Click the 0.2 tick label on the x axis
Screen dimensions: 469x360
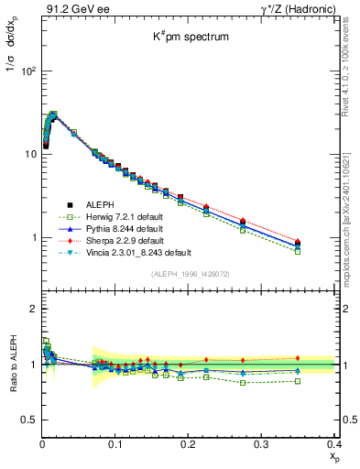pyautogui.click(x=188, y=444)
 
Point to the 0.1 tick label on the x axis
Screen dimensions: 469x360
pyautogui.click(x=115, y=444)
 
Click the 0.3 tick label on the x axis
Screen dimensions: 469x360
pyautogui.click(x=261, y=444)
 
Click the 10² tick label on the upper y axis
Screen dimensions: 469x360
pyautogui.click(x=27, y=71)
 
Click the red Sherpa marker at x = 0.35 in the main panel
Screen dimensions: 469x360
pyautogui.click(x=298, y=241)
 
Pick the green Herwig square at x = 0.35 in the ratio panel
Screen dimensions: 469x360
pyautogui.click(x=298, y=381)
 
